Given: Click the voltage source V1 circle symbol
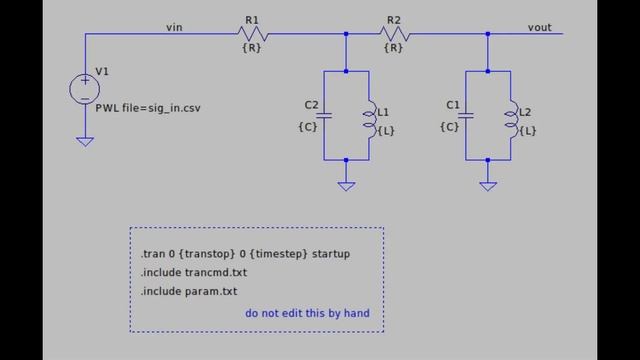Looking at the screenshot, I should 85,89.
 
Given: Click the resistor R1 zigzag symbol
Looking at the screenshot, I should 252,33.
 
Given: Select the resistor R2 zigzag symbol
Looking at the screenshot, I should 394,33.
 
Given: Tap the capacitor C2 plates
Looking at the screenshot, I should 325,116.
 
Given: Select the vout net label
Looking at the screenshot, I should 540,27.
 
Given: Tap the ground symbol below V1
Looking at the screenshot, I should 85,142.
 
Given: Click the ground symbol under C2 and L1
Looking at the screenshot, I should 346,185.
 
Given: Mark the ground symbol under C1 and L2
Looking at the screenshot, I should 488,185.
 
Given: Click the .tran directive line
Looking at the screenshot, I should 245,254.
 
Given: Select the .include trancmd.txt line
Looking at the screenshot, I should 194,272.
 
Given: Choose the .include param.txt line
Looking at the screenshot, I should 190,291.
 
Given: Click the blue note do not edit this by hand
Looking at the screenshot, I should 307,313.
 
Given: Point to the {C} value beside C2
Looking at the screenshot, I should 308,126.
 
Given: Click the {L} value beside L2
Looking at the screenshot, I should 529,130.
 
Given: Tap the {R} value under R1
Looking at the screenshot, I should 252,47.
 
